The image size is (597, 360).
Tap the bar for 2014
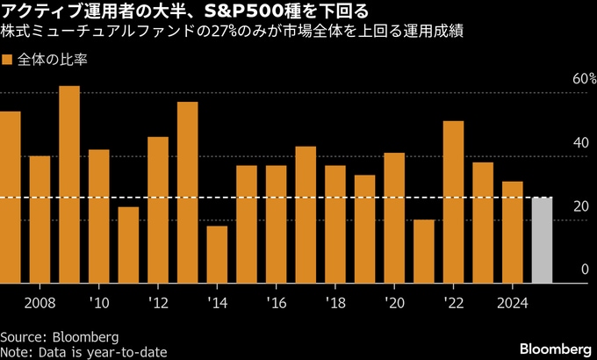tap(217, 255)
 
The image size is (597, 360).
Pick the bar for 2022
tap(453, 202)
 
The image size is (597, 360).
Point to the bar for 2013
tap(187, 192)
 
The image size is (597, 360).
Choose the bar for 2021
tap(424, 251)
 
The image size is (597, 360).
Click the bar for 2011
tap(128, 245)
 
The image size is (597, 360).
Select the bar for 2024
tap(513, 232)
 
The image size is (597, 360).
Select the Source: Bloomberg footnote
tap(59, 337)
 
